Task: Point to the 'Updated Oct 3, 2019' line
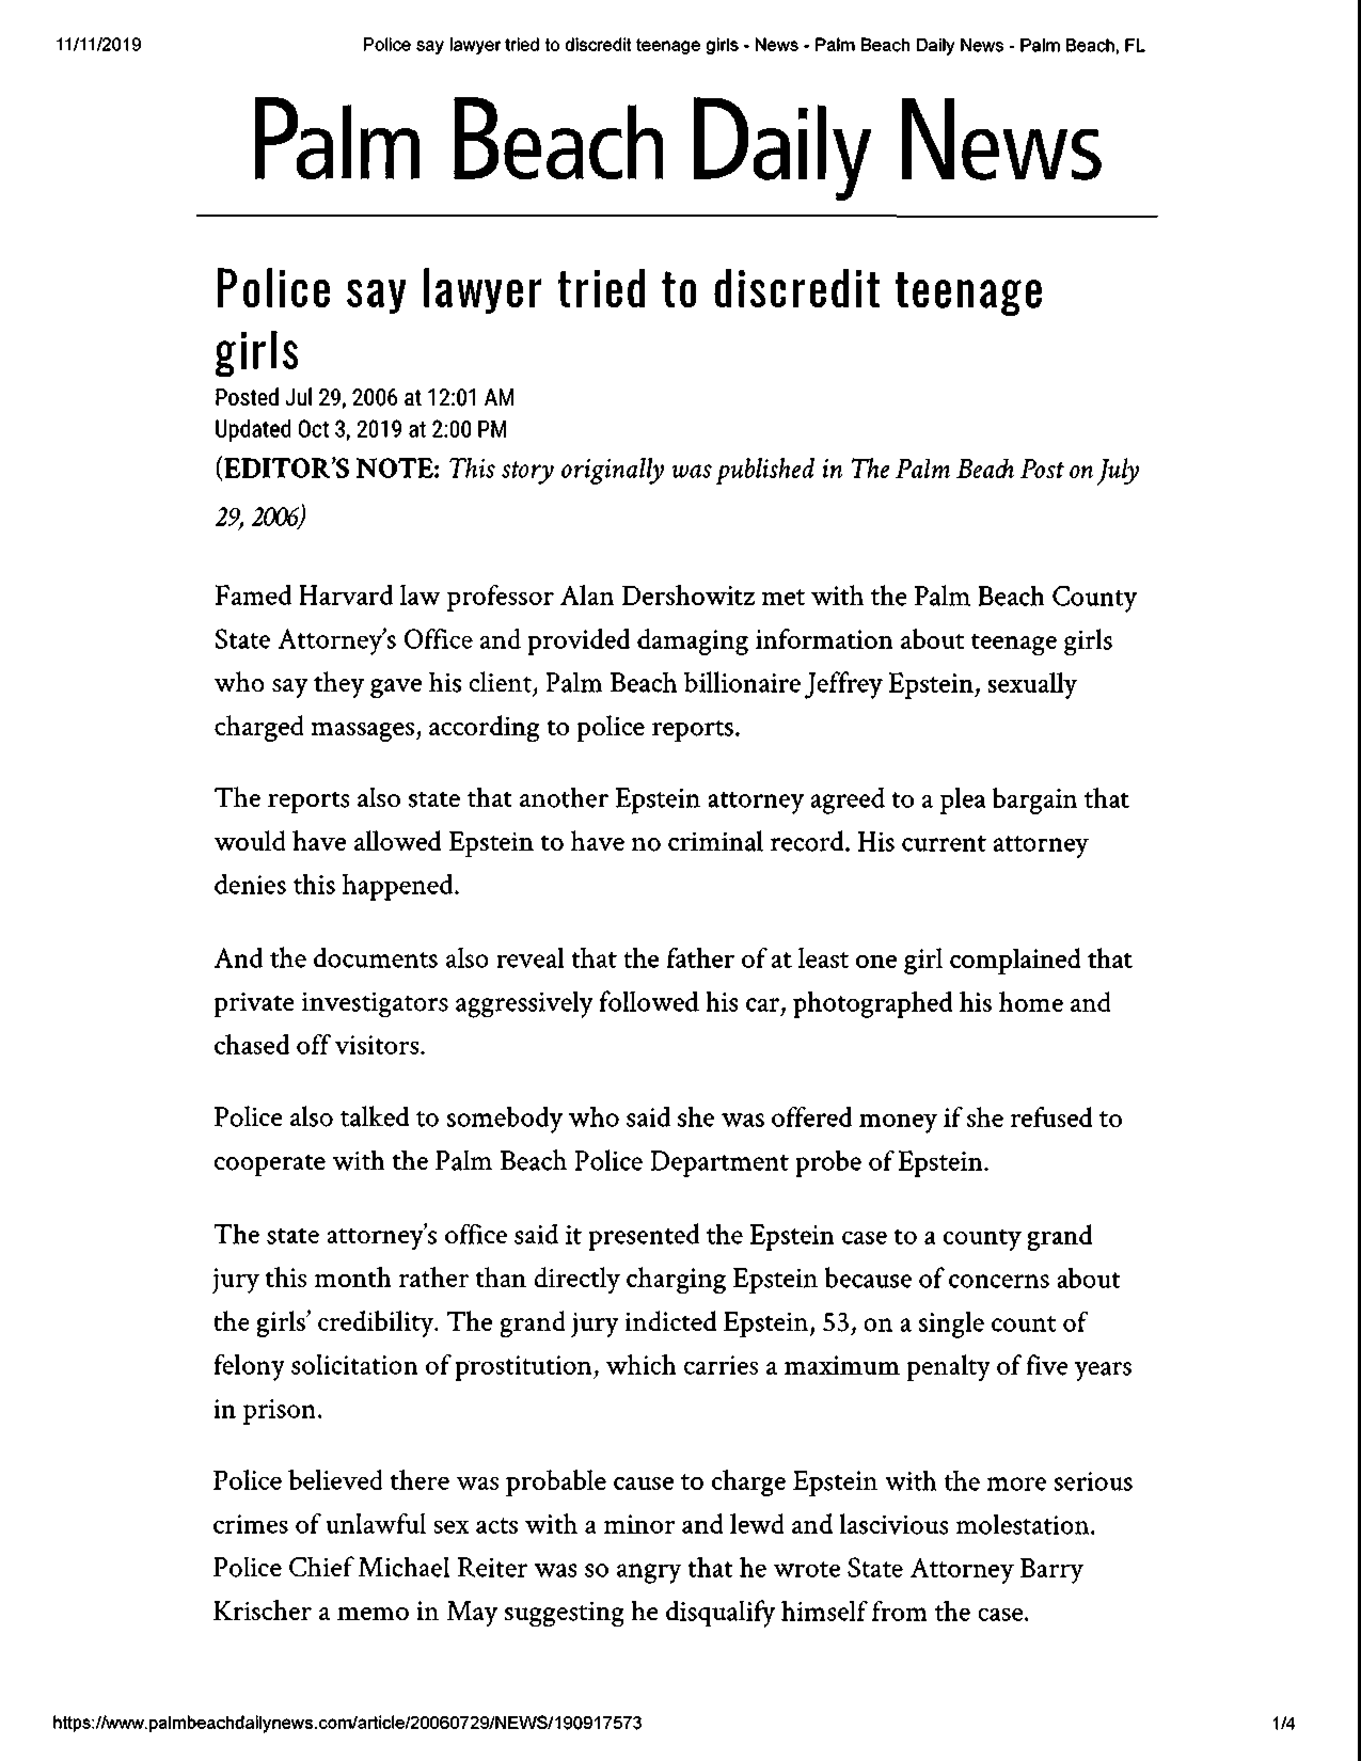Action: click(x=360, y=429)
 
